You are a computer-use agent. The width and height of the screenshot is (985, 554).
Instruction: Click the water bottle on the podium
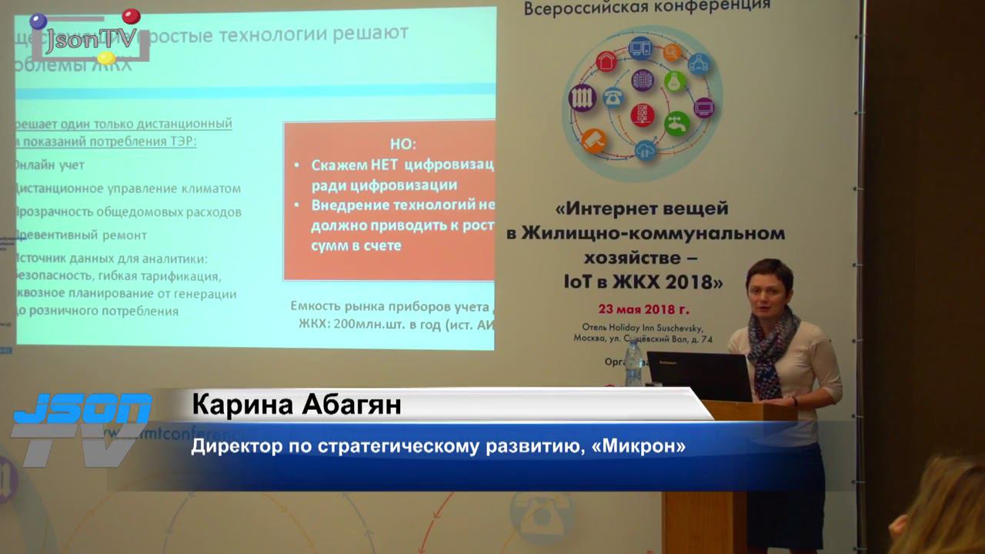click(633, 363)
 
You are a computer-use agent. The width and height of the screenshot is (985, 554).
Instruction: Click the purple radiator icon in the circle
click(583, 98)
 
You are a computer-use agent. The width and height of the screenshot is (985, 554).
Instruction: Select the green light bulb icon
click(675, 81)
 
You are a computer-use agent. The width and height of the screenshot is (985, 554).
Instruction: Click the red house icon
click(606, 61)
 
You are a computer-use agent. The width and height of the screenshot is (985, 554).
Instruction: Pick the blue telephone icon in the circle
click(613, 97)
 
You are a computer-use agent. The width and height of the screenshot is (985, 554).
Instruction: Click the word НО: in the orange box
click(402, 144)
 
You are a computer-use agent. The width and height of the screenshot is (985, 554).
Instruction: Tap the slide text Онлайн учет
click(49, 165)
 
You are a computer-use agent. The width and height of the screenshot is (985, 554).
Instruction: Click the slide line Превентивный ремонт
click(81, 235)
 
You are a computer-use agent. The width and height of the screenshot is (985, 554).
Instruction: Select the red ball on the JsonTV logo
click(132, 16)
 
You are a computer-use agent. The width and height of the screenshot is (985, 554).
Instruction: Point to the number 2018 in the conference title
click(693, 282)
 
